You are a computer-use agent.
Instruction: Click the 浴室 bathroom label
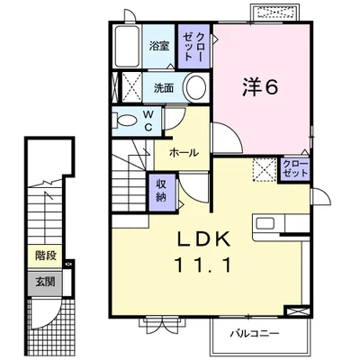point(159,46)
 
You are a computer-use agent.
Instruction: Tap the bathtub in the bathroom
point(127,46)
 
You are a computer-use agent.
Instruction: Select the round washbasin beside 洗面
point(196,87)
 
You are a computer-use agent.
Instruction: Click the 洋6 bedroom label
point(260,87)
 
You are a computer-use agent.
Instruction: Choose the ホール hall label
point(184,153)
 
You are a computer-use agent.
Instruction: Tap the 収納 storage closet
point(162,192)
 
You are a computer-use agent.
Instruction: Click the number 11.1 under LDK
point(203,265)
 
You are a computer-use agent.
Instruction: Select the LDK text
point(204,239)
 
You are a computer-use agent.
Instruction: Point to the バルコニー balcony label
point(255,334)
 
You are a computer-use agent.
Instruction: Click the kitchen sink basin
point(265,224)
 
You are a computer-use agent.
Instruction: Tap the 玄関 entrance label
point(46,282)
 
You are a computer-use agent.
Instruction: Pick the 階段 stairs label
point(46,256)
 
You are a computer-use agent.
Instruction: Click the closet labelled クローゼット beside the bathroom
point(194,46)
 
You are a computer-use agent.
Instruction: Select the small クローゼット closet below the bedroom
point(295,169)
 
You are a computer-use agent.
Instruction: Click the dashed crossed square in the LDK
point(265,170)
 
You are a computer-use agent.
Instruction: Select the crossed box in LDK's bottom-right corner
point(297,310)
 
